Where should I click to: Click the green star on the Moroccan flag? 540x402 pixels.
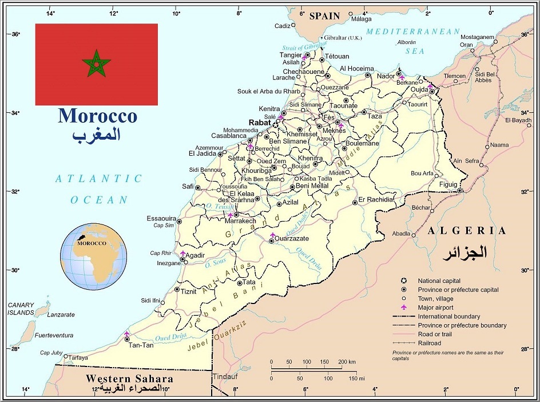[96, 64]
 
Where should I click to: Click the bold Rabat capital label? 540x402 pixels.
[259, 123]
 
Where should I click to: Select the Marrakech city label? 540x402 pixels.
[240, 220]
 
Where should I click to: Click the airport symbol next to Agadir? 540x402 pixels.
[183, 253]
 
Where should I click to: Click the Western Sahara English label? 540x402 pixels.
[129, 379]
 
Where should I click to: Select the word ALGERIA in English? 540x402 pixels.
[467, 231]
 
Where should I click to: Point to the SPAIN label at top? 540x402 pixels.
[324, 16]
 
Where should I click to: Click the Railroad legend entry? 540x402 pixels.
[430, 343]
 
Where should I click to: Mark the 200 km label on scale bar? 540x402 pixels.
[347, 362]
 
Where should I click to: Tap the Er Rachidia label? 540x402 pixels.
[376, 200]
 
